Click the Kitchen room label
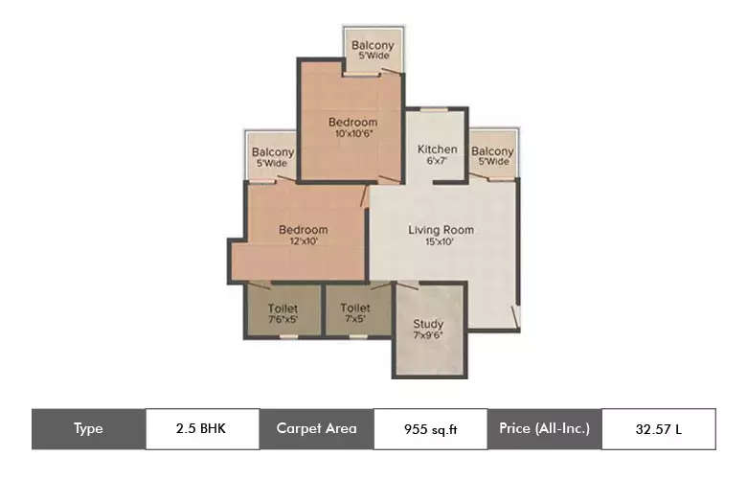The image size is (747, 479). [x=437, y=149]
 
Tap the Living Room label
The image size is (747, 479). [x=441, y=230]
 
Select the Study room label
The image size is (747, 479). [x=428, y=324]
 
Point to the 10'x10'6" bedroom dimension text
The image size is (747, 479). [x=352, y=134]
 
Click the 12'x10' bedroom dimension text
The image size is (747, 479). [x=303, y=241]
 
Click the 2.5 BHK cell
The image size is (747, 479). [x=201, y=428]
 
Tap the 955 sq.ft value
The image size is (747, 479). [x=430, y=428]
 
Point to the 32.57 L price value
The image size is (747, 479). [x=659, y=428]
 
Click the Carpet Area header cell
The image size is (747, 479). [x=316, y=428]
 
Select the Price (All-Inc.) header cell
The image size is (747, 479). [x=544, y=428]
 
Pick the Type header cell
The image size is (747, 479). [x=88, y=428]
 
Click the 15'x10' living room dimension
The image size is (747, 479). [x=441, y=241]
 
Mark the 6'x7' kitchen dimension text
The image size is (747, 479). [x=437, y=161]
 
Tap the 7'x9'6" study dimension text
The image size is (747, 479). [x=428, y=335]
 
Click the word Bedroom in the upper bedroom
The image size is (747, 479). [x=352, y=123]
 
